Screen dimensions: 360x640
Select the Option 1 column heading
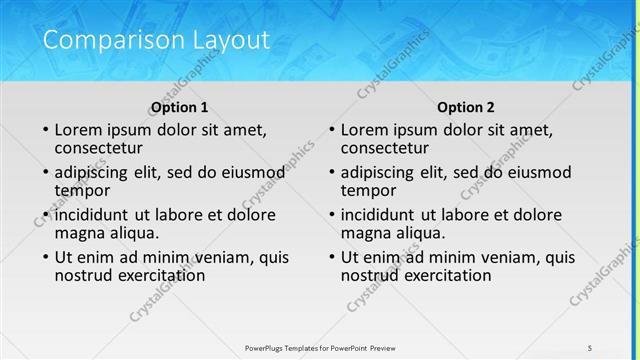pyautogui.click(x=180, y=107)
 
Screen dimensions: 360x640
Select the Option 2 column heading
pyautogui.click(x=466, y=107)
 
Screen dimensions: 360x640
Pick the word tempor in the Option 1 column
pyautogui.click(x=82, y=190)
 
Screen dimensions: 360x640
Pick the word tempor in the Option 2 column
pyautogui.click(x=368, y=190)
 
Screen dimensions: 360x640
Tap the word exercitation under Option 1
pyautogui.click(x=153, y=274)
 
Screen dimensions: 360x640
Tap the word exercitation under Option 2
pyautogui.click(x=439, y=274)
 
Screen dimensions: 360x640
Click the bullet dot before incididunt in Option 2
pyautogui.click(x=332, y=215)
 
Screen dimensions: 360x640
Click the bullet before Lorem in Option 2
pyautogui.click(x=332, y=130)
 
